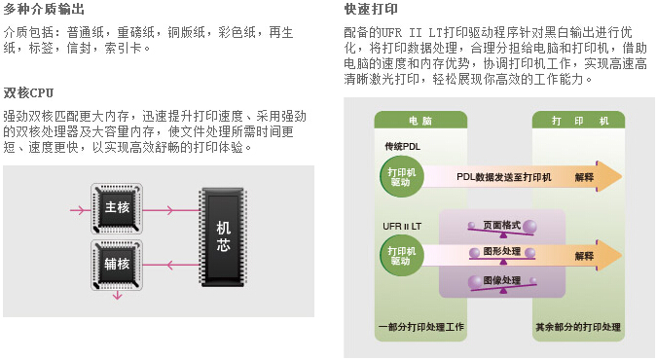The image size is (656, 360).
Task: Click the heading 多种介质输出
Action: coord(44,9)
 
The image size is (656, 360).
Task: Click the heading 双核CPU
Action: coord(28,92)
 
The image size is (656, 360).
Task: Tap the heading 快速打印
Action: coord(371,9)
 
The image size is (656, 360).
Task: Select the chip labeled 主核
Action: coord(117,208)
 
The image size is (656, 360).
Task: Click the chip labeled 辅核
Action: coord(117,265)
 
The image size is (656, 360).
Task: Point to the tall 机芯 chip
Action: coord(223,237)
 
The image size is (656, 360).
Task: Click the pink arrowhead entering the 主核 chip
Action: coord(79,209)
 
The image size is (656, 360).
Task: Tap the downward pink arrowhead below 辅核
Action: coord(117,296)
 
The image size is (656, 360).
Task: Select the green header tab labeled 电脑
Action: coord(420,120)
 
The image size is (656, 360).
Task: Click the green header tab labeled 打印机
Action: coord(578,120)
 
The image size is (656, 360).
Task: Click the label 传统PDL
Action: coord(403,147)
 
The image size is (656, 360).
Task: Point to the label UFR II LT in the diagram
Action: coord(402,226)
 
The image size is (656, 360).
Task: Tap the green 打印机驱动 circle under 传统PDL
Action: coord(401,177)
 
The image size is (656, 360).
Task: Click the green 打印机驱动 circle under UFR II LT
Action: coord(401,256)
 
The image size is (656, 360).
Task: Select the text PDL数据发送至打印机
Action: coord(504,177)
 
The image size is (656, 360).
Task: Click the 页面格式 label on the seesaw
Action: coord(501,225)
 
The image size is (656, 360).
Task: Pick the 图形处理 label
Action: coord(501,251)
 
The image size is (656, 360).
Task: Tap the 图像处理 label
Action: coord(501,279)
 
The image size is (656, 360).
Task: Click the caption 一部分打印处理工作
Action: coord(420,327)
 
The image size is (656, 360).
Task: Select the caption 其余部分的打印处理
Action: coord(578,327)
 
